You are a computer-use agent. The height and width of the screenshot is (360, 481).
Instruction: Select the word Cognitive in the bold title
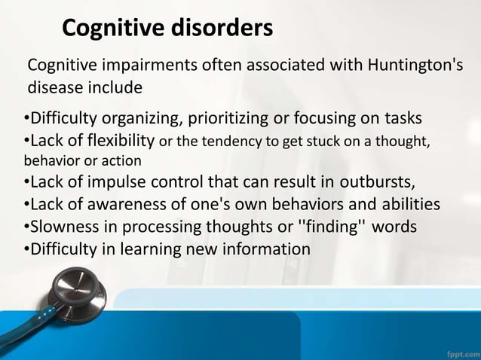[109, 28]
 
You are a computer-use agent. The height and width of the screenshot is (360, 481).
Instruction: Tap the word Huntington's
[415, 65]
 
